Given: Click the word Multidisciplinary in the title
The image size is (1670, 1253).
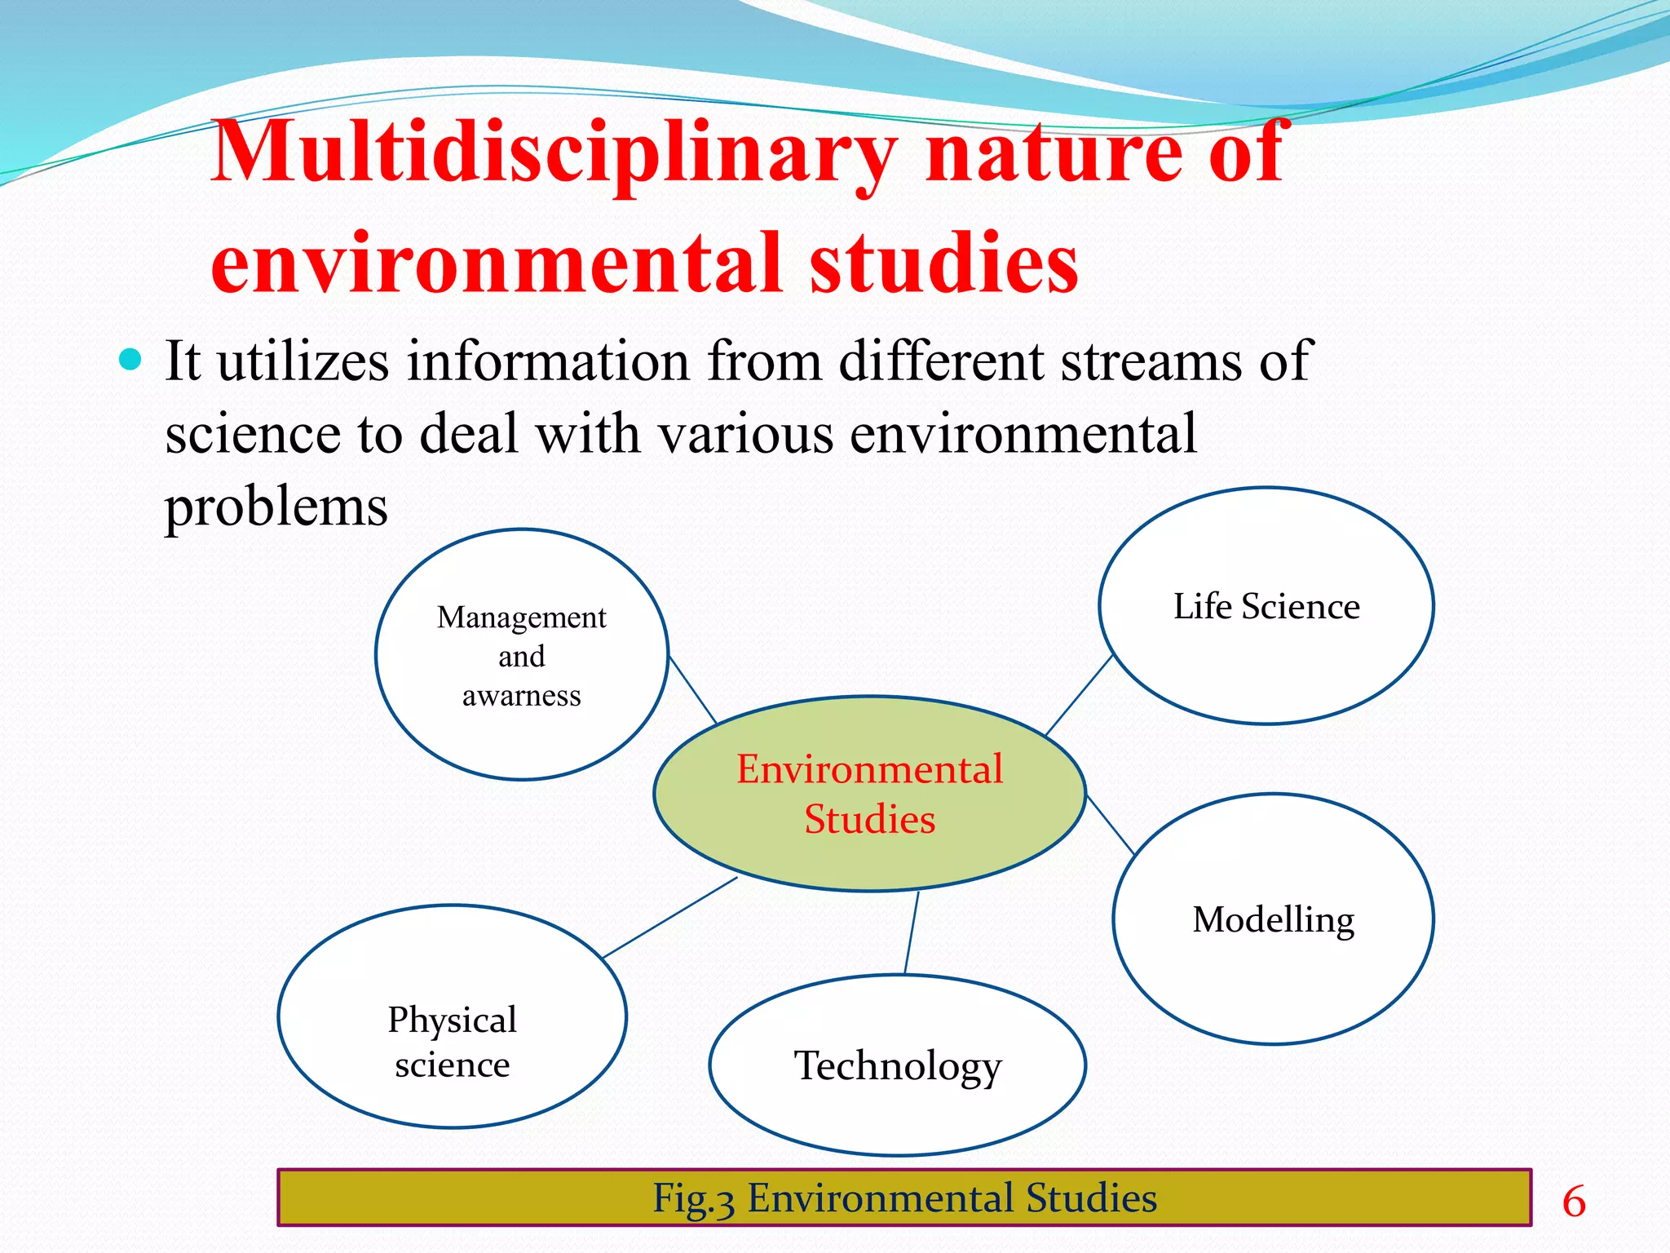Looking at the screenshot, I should (x=554, y=153).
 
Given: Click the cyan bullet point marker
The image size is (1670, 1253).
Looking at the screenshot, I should (x=130, y=359).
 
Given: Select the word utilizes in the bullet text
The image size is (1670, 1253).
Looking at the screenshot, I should (x=303, y=361).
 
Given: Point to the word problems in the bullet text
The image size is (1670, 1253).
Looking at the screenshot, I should (x=276, y=507).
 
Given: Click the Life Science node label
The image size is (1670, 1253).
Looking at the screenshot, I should (x=1266, y=607).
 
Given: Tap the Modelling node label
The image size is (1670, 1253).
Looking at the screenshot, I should (x=1273, y=920).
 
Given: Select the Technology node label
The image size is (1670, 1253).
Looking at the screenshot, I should (x=898, y=1066).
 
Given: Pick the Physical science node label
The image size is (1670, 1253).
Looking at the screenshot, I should (x=452, y=1043).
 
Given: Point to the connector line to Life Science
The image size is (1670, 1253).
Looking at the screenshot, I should (x=1079, y=695).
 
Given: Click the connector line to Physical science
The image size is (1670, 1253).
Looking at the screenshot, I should (x=669, y=918).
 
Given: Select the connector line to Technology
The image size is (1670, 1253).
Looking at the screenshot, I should (x=912, y=932).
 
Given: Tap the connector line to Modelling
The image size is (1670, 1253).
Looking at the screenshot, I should (x=1111, y=826).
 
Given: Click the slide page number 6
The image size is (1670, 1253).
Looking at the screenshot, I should (x=1574, y=1202).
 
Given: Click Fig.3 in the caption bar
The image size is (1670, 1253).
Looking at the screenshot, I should (x=693, y=1199).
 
